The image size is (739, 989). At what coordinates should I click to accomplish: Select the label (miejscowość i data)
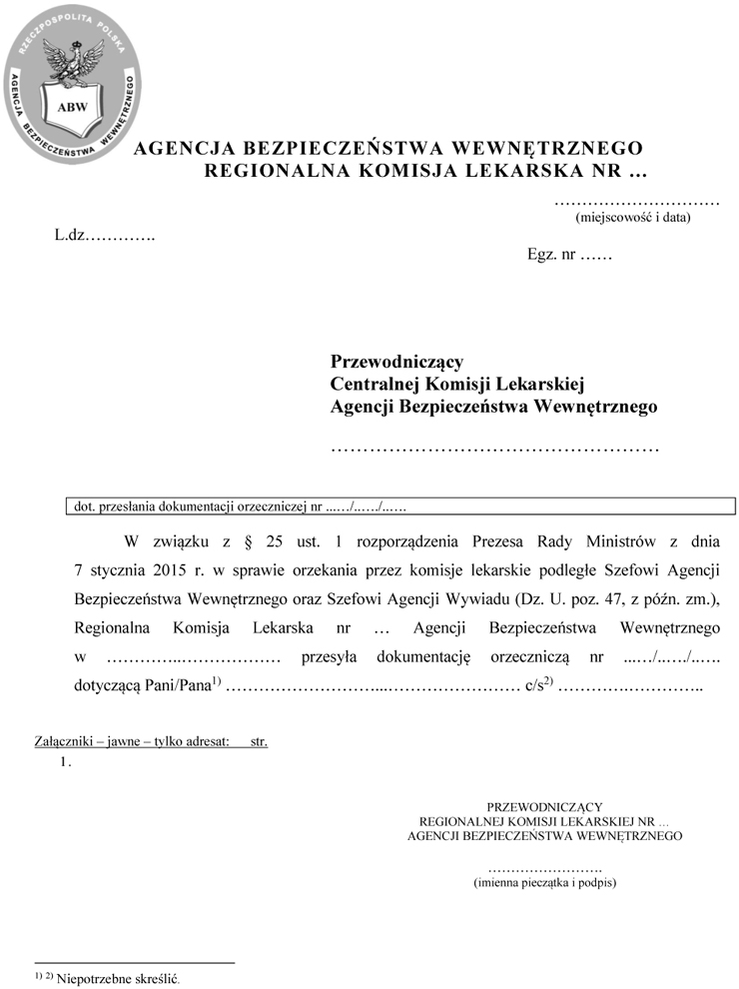633,216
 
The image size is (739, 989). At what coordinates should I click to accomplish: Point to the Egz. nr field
568,254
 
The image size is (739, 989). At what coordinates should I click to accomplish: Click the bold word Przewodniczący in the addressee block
396,361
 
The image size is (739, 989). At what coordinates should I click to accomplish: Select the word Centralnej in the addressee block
374,384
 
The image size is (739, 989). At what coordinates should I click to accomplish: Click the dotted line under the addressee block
494,447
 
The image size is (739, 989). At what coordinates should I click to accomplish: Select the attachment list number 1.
65,762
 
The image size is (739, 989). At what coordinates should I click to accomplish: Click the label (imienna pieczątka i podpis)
544,883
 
